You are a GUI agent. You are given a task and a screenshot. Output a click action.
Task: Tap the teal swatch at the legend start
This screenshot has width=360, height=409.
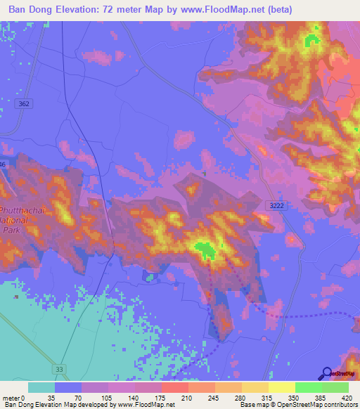41,387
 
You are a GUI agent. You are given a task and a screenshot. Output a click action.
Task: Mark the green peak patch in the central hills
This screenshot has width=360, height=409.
205,249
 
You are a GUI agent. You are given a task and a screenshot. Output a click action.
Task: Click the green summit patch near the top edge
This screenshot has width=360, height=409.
309,41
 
